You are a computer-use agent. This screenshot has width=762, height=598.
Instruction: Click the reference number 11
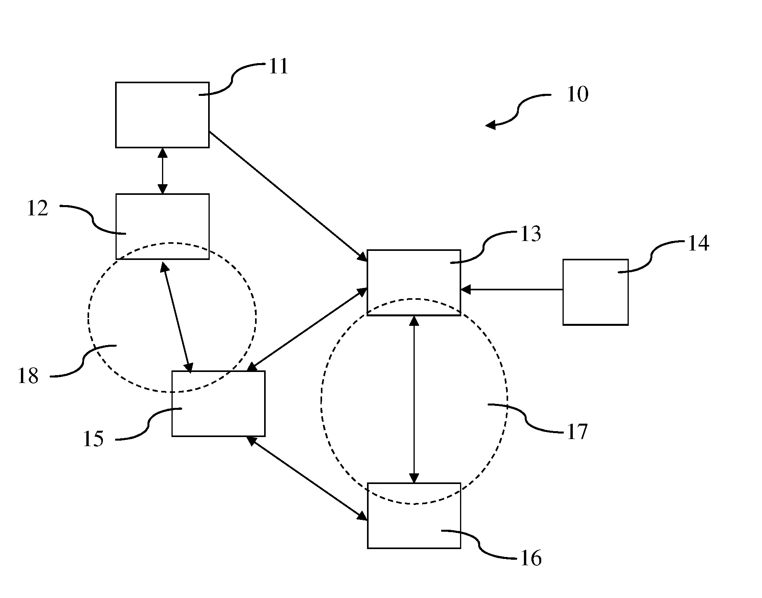[x=279, y=66]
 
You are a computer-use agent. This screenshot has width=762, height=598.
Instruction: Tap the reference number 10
[x=577, y=94]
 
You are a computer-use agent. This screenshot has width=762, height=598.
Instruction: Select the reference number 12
[x=37, y=208]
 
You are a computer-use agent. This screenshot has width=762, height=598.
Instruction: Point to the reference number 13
[x=531, y=234]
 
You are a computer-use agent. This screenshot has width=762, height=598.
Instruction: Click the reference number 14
[x=698, y=243]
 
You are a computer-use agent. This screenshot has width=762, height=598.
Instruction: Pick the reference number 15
[x=93, y=439]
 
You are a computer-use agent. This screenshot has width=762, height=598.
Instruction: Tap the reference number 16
[x=531, y=559]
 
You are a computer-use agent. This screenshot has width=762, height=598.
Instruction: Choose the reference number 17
[x=577, y=432]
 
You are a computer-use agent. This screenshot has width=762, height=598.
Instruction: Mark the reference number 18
[x=28, y=376]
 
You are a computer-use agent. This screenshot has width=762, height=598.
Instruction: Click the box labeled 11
[x=162, y=115]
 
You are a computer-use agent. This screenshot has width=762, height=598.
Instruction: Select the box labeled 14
[x=595, y=292]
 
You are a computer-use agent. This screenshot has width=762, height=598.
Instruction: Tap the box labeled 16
[x=414, y=515]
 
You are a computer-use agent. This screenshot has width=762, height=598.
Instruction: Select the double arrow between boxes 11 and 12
[x=162, y=171]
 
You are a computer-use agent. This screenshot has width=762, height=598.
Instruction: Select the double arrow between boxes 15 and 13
[x=307, y=330]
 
